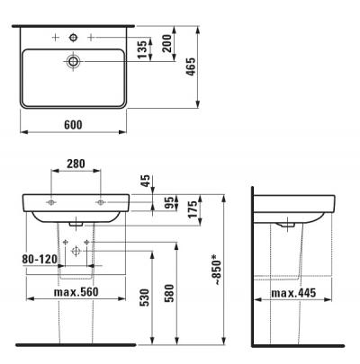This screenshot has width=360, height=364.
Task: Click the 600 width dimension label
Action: point(73,125)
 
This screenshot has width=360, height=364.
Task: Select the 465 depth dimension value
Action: point(192,66)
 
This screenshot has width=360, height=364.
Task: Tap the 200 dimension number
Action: point(167,44)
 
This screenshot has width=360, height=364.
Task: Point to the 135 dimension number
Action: point(143,49)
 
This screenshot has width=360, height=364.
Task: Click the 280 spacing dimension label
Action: point(76,164)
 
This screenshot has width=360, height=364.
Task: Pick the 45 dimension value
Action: point(147,181)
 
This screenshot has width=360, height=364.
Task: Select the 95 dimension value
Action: point(170,202)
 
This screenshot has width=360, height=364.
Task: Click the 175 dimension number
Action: point(193,209)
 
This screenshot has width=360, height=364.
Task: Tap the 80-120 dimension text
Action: point(40,259)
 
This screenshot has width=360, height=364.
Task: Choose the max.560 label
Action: point(76,292)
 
